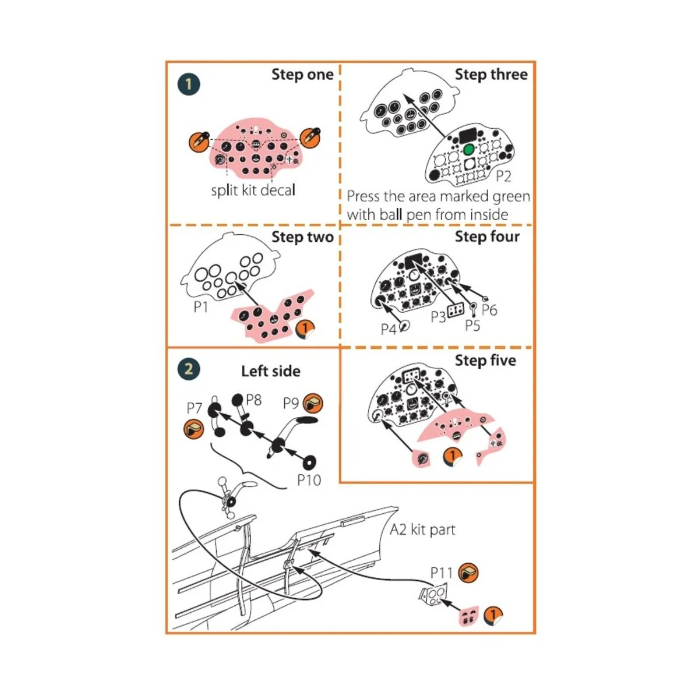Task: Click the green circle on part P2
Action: pos(468,150)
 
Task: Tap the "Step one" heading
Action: pos(302,75)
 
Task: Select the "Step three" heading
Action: pos(491,75)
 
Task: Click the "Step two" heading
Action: pos(302,237)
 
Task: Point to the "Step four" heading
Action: pos(487,236)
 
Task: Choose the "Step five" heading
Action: pos(485,361)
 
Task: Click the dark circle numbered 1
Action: pos(188,84)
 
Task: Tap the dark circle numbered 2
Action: pos(188,369)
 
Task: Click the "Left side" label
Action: pos(271,371)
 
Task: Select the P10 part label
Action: pos(309,480)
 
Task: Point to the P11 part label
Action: pos(442,573)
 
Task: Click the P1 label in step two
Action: pos(201,306)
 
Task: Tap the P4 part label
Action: pos(389,330)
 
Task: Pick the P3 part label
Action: pos(438,316)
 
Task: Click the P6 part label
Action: pos(489,310)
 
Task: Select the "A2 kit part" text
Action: pos(422,529)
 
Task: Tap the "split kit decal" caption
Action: pos(253,190)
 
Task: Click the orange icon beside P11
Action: pos(468,573)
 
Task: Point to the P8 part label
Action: pos(254,400)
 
